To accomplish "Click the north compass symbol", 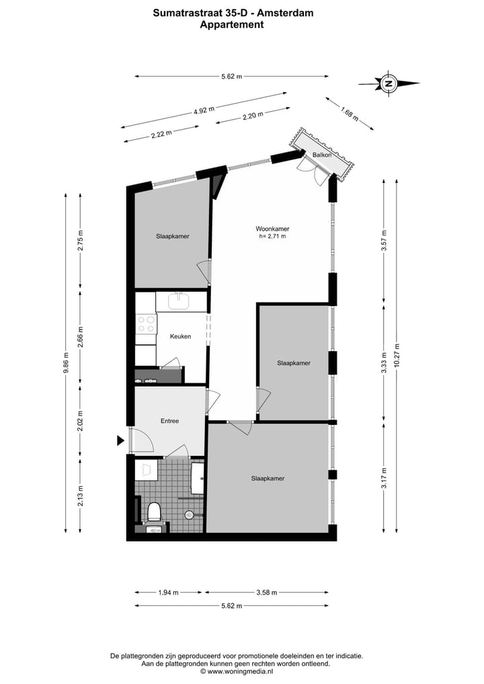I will coord(388,84).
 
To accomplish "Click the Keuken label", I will coord(180,336).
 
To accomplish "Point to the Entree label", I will coord(169,421).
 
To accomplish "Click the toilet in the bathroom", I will coord(154,512).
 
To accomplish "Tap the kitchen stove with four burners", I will coord(145,326).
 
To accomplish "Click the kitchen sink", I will coord(182,301).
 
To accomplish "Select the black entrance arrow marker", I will coord(121,441).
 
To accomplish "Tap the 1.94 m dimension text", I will coord(168,593).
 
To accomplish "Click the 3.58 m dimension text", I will coord(268,593).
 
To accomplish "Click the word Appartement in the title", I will coord(232,24).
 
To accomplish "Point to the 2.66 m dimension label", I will coord(80,340).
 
